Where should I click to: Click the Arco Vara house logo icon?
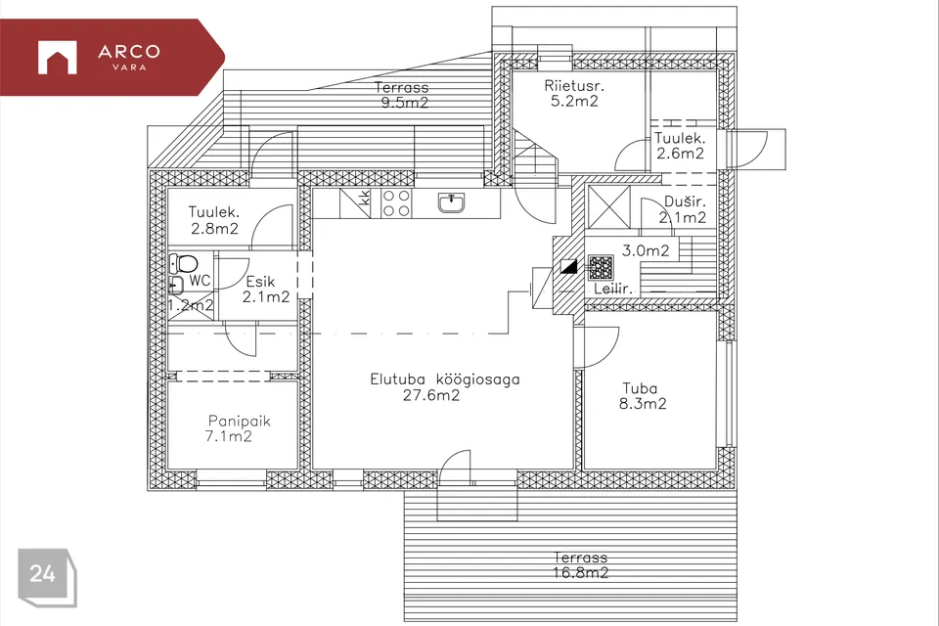pyautogui.click(x=58, y=58)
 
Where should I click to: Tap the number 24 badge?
pyautogui.click(x=47, y=576)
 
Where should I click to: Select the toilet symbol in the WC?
pyautogui.click(x=184, y=263)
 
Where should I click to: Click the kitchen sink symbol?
pyautogui.click(x=452, y=203)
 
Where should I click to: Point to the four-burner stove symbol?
pyautogui.click(x=396, y=203)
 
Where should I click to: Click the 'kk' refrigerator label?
pyautogui.click(x=364, y=198)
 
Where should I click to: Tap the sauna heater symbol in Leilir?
pyautogui.click(x=601, y=268)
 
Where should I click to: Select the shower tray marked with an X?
pyautogui.click(x=608, y=207)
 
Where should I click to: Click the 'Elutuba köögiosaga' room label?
pyautogui.click(x=445, y=380)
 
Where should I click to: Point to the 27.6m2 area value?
pyautogui.click(x=431, y=395)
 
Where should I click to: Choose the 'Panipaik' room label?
pyautogui.click(x=240, y=422)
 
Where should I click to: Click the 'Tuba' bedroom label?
pyautogui.click(x=640, y=388)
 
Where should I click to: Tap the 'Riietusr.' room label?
pyautogui.click(x=574, y=86)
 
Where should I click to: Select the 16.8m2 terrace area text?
pyautogui.click(x=580, y=573)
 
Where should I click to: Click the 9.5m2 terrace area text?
pyautogui.click(x=405, y=103)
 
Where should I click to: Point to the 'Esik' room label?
pyautogui.click(x=260, y=282)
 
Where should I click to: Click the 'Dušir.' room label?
pyautogui.click(x=685, y=201)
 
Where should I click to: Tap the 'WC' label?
pyautogui.click(x=200, y=281)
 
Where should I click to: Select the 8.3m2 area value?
pyautogui.click(x=643, y=404)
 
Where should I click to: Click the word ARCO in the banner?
pyautogui.click(x=129, y=52)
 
